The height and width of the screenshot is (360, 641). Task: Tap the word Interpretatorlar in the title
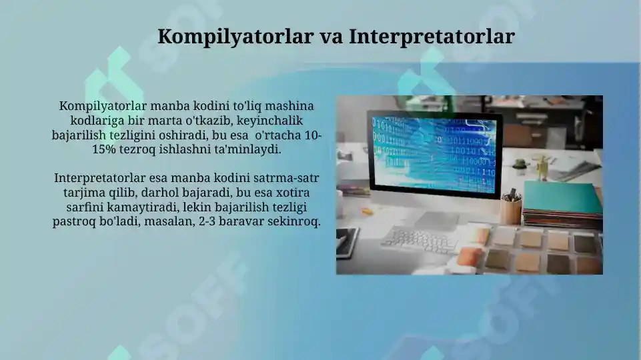point(432,36)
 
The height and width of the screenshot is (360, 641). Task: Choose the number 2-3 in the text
point(210,222)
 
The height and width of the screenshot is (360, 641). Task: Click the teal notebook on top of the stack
point(562,197)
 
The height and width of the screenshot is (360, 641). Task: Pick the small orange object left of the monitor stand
point(366,211)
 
